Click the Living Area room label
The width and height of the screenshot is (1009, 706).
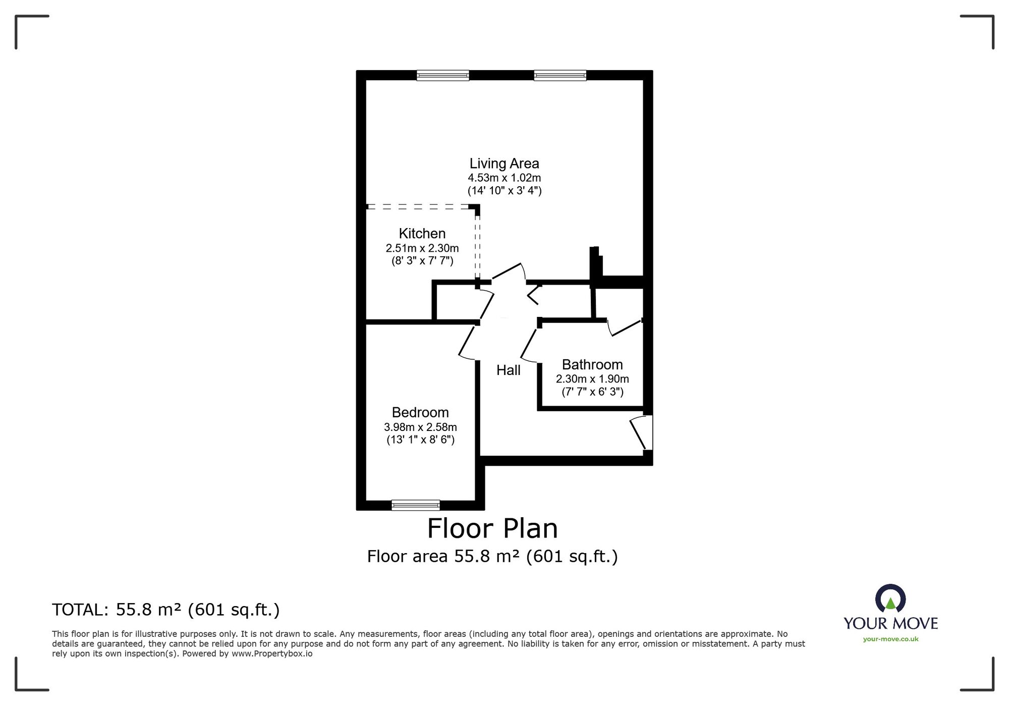(504, 164)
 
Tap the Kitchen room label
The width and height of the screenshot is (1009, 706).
(422, 234)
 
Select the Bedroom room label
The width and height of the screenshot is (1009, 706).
(420, 412)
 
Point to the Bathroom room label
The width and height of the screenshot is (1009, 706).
(592, 364)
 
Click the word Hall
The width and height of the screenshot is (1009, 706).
(508, 370)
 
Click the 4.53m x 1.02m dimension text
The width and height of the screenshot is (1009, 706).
(504, 178)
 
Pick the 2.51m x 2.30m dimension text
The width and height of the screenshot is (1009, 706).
(422, 248)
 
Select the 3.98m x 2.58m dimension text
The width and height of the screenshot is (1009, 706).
(420, 427)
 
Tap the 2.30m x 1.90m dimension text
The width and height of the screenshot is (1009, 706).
(592, 379)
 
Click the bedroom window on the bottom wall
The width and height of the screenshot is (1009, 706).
(416, 505)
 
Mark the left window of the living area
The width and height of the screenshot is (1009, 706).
(443, 76)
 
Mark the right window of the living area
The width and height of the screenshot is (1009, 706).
(560, 76)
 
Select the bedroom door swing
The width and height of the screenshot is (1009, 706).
(468, 343)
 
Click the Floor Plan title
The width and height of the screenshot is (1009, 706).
(492, 529)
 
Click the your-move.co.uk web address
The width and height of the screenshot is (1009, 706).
(890, 639)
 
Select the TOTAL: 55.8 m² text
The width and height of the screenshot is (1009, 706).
(165, 610)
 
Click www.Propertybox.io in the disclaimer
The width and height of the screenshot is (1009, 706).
(272, 654)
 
